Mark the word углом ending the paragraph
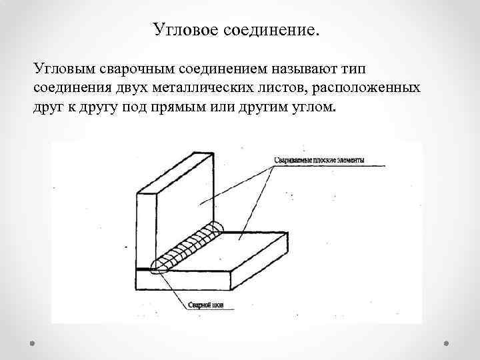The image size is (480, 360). (x=309, y=108)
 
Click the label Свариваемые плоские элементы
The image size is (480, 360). (x=320, y=161)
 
